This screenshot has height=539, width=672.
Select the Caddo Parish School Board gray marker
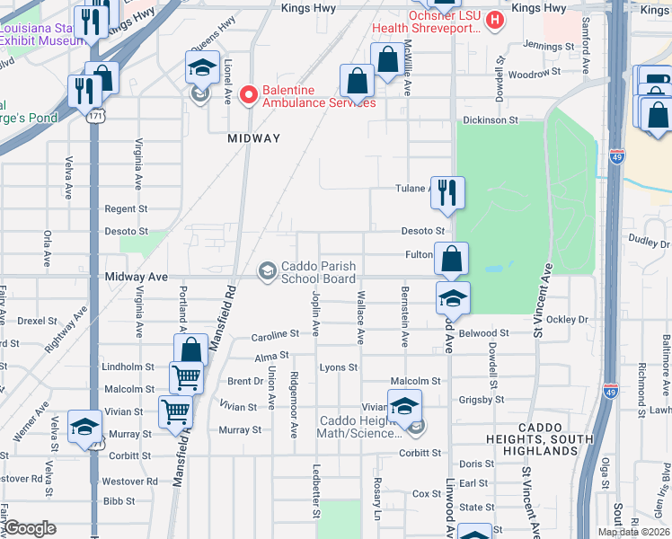tap(267, 270)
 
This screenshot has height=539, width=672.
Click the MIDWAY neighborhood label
tap(254, 138)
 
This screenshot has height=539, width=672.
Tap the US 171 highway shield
tap(96, 116)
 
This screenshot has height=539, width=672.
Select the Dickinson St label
tap(491, 119)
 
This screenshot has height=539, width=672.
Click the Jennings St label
tap(548, 45)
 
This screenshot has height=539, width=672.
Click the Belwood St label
tap(483, 332)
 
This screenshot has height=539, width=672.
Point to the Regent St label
tap(126, 208)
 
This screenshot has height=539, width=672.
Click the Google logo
tap(31, 527)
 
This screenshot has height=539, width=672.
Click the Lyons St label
tap(339, 367)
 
